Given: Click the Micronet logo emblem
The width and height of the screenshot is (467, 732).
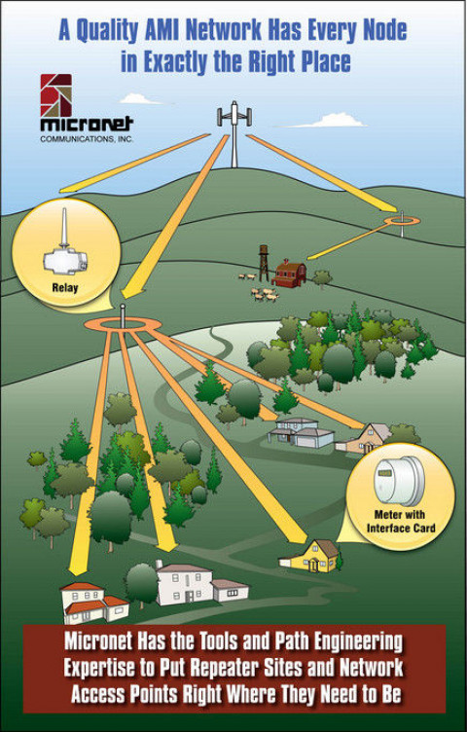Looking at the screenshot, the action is point(56,95).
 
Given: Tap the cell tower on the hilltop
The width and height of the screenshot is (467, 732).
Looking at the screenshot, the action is point(234,134).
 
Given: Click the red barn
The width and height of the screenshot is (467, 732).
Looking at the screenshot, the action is point(289,274).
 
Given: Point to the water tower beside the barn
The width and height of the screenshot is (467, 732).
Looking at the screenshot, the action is point(264,263).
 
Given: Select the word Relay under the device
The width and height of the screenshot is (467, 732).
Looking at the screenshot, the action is point(65,287).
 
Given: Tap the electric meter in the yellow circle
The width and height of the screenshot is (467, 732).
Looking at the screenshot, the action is point(399,481).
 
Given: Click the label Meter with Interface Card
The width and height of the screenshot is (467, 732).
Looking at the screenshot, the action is point(401,522).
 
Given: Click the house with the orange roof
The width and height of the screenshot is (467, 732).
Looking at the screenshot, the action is point(94,603).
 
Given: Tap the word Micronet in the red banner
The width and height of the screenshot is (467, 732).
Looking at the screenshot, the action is point(98,641).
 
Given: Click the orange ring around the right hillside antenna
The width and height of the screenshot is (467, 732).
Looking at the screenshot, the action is point(402,221).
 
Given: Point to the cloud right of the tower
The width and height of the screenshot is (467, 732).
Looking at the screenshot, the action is point(330,121).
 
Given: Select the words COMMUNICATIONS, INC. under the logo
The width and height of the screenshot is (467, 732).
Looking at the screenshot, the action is point(87,138).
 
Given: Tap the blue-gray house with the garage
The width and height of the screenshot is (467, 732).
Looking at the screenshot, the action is point(301,433).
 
